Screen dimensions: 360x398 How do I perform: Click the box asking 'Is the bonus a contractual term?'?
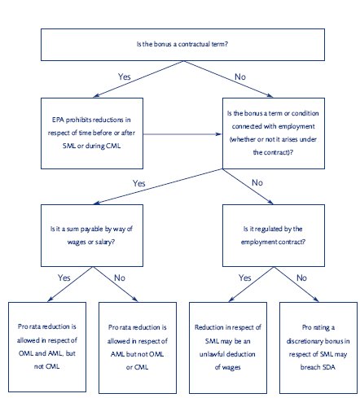182,45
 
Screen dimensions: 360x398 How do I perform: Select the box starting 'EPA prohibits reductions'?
92,133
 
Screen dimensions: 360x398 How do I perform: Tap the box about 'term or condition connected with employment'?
274,133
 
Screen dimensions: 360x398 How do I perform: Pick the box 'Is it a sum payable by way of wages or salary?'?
92,235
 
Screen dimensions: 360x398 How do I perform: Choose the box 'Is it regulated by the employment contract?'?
274,235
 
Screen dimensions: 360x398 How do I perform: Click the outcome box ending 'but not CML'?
47,347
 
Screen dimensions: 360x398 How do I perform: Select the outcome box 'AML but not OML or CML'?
138,348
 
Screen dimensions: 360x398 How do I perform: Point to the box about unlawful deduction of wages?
228,348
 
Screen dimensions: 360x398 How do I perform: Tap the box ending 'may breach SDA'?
318,348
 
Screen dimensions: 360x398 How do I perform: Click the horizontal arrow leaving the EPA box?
182,134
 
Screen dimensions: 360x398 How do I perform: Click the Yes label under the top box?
125,77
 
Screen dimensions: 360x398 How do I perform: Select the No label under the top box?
240,77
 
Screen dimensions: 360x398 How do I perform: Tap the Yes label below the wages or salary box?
64,278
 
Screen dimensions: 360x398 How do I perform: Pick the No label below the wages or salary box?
120,278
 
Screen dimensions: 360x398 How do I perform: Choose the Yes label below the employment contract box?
245,278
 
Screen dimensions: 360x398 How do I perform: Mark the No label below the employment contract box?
301,278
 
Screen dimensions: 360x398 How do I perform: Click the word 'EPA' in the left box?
58,120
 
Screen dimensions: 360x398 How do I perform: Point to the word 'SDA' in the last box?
329,367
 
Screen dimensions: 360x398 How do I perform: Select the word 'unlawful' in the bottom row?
211,354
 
